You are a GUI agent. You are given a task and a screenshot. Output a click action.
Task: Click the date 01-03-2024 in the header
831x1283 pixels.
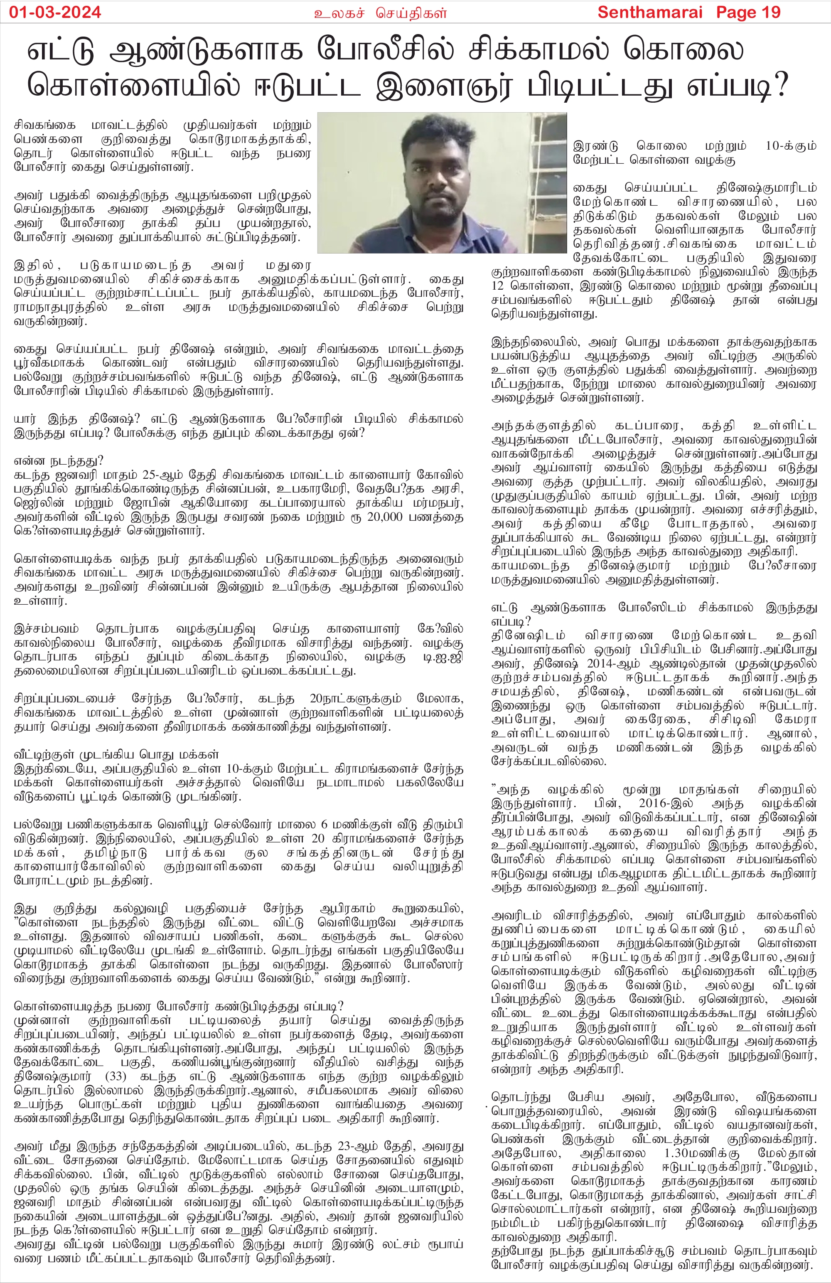[55, 12]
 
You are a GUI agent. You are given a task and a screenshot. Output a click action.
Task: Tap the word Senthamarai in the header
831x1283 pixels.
[650, 12]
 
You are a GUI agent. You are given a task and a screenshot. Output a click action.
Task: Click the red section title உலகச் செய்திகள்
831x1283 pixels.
[381, 13]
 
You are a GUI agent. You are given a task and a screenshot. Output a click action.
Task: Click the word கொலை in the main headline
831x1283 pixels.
[684, 50]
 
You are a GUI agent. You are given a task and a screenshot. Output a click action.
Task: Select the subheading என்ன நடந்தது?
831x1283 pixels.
[59, 461]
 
